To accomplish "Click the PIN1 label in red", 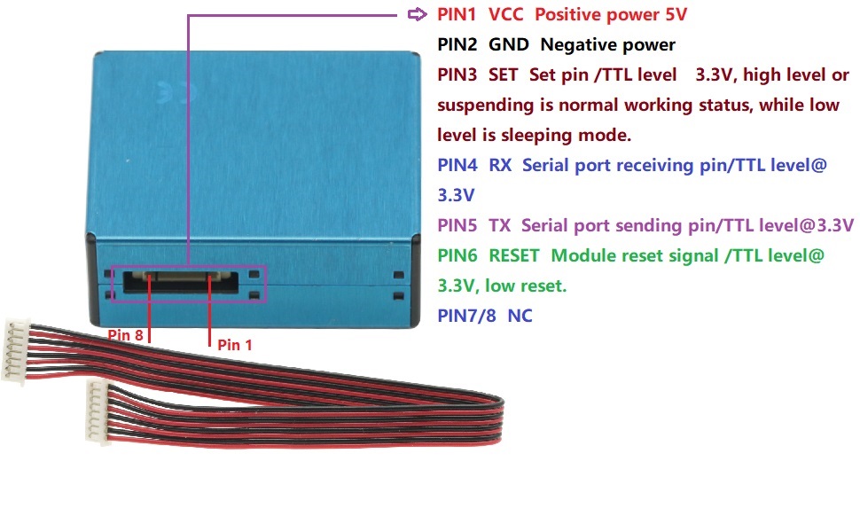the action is [457, 14].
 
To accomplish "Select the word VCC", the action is [505, 14].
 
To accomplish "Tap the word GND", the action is [508, 44].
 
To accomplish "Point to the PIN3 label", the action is [457, 74].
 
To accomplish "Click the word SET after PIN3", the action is [503, 74].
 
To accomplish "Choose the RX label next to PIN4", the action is [500, 165].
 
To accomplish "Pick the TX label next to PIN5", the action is [499, 225].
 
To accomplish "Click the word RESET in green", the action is [514, 255].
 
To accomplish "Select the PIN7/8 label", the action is [466, 316].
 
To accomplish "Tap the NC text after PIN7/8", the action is [520, 316].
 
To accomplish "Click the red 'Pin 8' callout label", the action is [125, 334].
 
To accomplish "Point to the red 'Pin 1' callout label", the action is [235, 344].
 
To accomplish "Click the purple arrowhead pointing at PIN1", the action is [418, 14].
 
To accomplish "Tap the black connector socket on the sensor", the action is [181, 281].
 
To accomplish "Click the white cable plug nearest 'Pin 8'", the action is [17, 351].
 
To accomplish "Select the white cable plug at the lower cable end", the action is [98, 412].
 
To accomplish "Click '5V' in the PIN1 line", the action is [676, 14].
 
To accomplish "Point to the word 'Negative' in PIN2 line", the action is [573, 44].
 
